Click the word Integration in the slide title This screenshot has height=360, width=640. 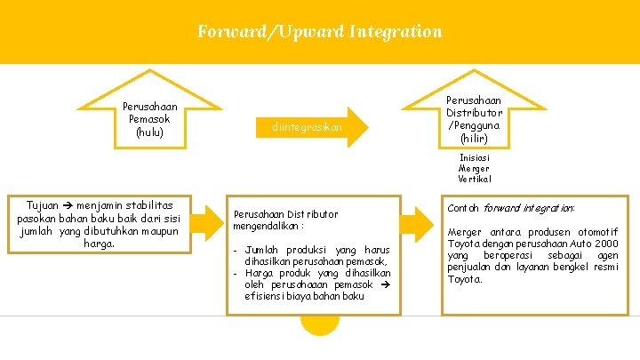pos(396,32)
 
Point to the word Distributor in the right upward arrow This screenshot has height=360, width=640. pos(474,113)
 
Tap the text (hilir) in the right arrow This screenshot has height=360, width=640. pos(474,139)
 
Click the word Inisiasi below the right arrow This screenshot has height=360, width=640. pos(474,157)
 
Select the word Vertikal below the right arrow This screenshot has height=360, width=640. pos(474,179)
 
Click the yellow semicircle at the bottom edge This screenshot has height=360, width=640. pos(320,325)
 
